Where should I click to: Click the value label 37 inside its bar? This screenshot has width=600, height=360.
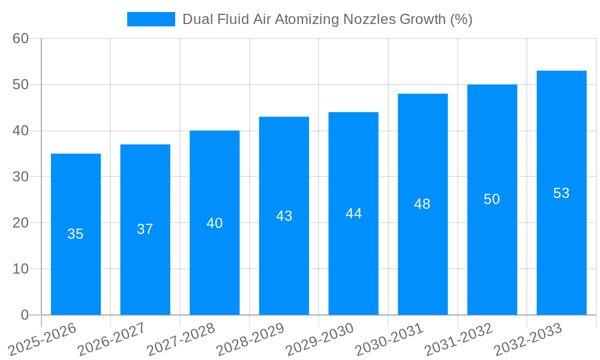pyautogui.click(x=145, y=229)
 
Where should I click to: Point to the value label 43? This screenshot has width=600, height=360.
pyautogui.click(x=284, y=216)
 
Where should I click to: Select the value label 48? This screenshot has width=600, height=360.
pyautogui.click(x=422, y=204)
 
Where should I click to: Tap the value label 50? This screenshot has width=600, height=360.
pyautogui.click(x=492, y=199)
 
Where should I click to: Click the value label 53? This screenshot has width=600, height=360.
pyautogui.click(x=562, y=193)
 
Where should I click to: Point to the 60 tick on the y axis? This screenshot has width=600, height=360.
pyautogui.click(x=20, y=38)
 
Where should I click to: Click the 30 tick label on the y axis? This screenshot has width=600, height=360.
pyautogui.click(x=20, y=176)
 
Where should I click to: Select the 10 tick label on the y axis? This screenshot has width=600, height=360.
pyautogui.click(x=20, y=269)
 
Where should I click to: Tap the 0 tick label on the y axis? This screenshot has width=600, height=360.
pyautogui.click(x=25, y=315)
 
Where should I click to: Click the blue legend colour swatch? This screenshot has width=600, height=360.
pyautogui.click(x=151, y=19)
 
